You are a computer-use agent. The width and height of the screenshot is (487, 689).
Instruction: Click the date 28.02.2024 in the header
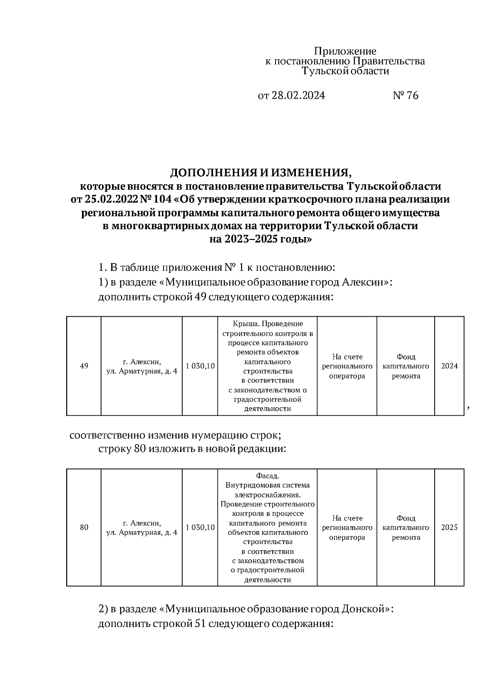[297, 96]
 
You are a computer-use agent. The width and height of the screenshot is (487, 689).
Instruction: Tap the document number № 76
[405, 96]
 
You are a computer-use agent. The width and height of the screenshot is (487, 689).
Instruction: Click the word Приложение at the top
[345, 52]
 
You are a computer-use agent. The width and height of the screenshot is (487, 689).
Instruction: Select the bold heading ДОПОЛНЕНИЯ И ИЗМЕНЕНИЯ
[261, 173]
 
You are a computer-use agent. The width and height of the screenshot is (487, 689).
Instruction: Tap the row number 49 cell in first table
[84, 366]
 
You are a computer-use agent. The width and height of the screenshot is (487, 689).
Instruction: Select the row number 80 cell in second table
[84, 528]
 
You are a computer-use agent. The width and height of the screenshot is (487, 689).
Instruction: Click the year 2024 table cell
[449, 366]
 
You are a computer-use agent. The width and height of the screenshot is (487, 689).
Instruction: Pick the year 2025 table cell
[449, 528]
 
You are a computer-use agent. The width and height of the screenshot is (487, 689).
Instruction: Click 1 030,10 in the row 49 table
[200, 366]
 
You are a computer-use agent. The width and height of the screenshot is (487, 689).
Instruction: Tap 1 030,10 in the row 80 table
[200, 528]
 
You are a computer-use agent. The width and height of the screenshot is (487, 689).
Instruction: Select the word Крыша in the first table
[245, 324]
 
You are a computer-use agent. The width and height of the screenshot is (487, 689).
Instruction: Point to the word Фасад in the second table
[268, 476]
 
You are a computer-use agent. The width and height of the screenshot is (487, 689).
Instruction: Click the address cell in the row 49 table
[142, 366]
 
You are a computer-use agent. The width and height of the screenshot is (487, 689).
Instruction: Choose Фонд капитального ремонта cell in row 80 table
[406, 528]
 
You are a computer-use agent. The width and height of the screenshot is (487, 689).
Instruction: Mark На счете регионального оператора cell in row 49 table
[347, 366]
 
